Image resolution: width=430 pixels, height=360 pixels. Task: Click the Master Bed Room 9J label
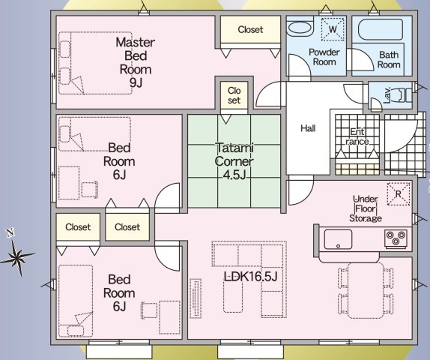coord(136,62)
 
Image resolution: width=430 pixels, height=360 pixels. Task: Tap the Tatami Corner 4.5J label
coord(234,161)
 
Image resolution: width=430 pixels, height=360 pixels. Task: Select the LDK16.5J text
coord(251,276)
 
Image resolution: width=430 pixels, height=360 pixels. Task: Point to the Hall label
coord(308,128)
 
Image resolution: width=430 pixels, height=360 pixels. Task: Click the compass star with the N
coord(17,254)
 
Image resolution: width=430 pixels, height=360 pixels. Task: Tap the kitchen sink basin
coord(338,239)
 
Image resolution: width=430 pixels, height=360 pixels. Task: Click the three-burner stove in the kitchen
coord(396,238)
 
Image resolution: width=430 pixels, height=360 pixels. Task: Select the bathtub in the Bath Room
coord(381,30)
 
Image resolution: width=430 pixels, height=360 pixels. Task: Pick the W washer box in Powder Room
coord(333,29)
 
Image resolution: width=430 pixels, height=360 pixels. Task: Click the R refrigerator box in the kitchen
coord(399,193)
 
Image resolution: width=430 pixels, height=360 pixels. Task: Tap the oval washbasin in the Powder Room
coord(300,28)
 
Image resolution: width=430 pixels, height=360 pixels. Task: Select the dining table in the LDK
coord(366,290)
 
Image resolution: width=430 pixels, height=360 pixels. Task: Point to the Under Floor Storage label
coord(366,208)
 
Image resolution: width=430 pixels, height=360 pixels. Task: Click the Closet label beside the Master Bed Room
coord(250,29)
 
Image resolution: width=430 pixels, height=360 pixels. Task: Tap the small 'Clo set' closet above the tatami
coord(234,95)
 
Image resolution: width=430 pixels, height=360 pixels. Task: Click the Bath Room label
coord(389,59)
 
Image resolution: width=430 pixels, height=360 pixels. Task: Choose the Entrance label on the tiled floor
coord(357,136)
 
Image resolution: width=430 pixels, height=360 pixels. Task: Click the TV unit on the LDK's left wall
coord(196,298)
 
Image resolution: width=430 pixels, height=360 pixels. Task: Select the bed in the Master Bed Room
coord(95,63)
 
